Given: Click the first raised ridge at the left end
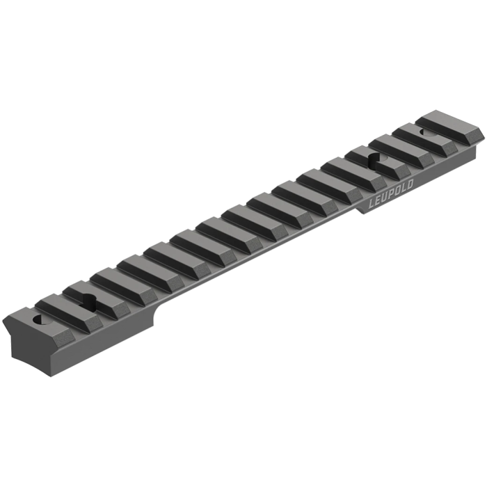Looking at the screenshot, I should point(49,310).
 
